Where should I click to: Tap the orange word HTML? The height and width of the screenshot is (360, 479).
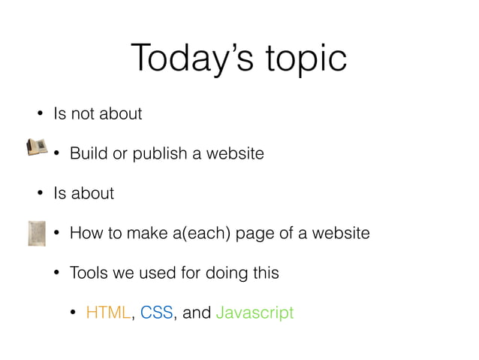(108, 312)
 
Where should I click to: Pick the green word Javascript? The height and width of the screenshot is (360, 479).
(255, 313)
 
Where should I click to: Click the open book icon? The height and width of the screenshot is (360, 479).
(36, 147)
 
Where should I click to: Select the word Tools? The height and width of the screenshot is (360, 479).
(89, 272)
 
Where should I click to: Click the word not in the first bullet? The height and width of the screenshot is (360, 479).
(78, 114)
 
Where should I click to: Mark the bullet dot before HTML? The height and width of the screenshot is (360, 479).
(73, 312)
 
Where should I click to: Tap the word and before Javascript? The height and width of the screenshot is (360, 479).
(197, 312)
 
